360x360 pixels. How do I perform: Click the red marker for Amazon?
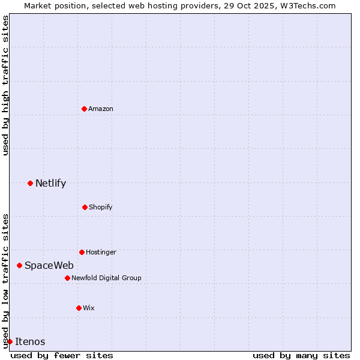84,109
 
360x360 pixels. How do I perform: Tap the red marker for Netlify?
30,183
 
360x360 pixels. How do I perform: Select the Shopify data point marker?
85,207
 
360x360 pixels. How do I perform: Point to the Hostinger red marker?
82,252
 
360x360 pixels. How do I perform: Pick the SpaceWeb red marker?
19,265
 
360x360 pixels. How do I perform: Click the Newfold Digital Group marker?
67,278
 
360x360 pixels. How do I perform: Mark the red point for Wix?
79,308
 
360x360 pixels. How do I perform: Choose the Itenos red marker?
10,341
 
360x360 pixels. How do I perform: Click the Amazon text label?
101,109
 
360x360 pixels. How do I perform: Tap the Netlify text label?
50,183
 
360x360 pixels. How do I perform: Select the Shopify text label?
101,207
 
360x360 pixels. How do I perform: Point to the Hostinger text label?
101,252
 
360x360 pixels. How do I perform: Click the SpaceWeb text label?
49,265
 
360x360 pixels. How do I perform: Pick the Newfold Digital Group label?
106,278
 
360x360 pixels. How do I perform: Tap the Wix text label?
89,308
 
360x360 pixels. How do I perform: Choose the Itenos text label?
30,341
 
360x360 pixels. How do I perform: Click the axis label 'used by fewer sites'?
62,355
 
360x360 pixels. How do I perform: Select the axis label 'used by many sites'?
301,355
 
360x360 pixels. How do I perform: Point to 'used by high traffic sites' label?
5,85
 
